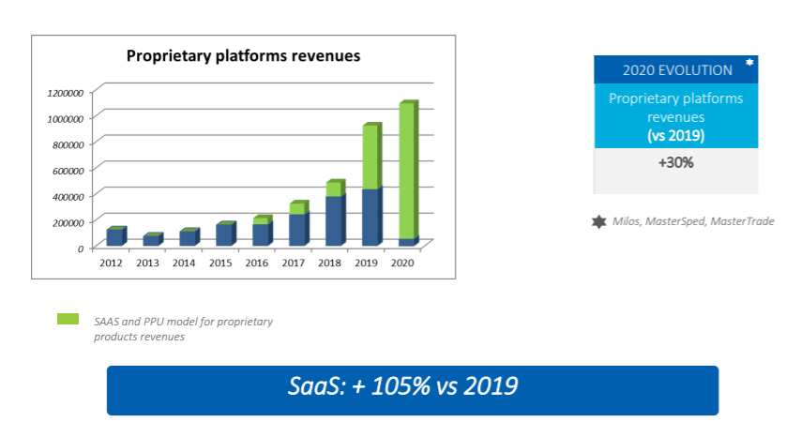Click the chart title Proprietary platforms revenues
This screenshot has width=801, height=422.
pyautogui.click(x=244, y=56)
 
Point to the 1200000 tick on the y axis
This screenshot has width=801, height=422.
pyautogui.click(x=65, y=92)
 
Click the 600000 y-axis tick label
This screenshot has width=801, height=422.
pyautogui.click(x=68, y=170)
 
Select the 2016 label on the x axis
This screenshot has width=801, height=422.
pyautogui.click(x=257, y=264)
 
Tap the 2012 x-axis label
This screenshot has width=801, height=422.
pyautogui.click(x=111, y=264)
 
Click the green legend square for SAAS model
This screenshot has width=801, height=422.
pyautogui.click(x=67, y=319)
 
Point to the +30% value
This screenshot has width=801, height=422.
pyautogui.click(x=675, y=162)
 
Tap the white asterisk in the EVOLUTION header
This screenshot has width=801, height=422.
pyautogui.click(x=748, y=62)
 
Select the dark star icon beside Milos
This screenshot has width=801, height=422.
pyautogui.click(x=598, y=221)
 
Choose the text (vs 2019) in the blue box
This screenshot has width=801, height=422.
pyautogui.click(x=675, y=136)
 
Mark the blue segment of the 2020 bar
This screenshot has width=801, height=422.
pyautogui.click(x=406, y=242)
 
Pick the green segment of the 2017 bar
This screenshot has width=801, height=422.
pyautogui.click(x=297, y=208)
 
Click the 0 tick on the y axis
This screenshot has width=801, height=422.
pyautogui.click(x=82, y=248)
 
